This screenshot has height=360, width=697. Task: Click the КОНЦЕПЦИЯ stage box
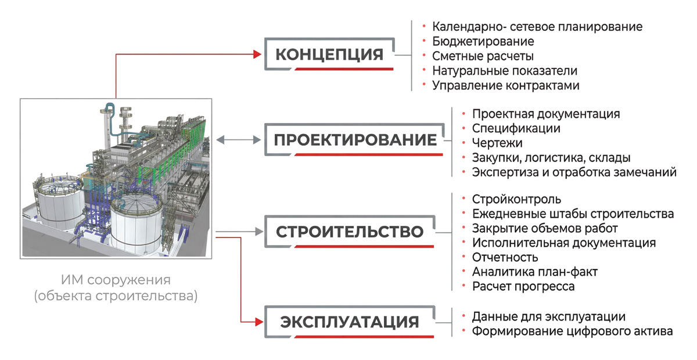(329, 55)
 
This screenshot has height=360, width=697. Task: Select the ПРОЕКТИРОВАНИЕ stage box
(354, 140)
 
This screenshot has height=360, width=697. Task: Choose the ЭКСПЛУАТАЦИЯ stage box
(350, 322)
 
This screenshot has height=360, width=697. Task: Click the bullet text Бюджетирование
(483, 42)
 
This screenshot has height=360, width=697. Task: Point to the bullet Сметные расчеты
(483, 56)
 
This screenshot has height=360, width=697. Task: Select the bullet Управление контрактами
(505, 85)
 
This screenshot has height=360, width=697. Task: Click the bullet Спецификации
(516, 128)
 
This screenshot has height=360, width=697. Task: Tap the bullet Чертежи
(497, 143)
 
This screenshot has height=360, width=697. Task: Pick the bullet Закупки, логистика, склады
(551, 157)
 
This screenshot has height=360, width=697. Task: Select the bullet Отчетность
(505, 257)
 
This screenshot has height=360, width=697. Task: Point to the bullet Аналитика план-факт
(535, 272)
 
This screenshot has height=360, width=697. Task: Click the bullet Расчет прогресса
(523, 286)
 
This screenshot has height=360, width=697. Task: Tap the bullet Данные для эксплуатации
(548, 316)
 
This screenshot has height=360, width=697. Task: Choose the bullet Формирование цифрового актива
(572, 331)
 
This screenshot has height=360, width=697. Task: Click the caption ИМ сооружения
(116, 280)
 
